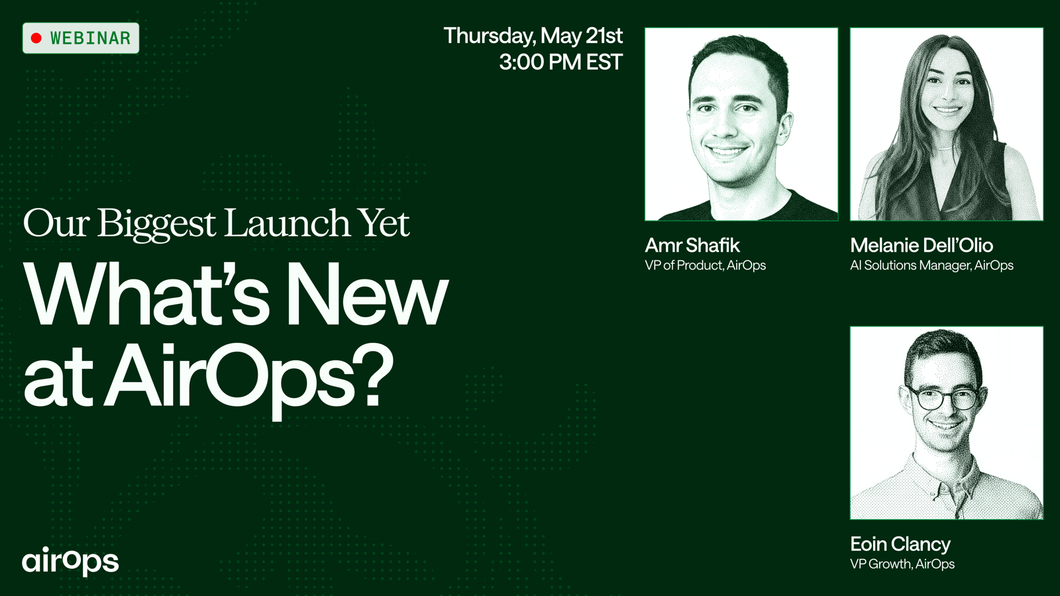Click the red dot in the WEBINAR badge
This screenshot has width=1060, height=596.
(x=36, y=38)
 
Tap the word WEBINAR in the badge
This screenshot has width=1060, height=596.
(x=90, y=38)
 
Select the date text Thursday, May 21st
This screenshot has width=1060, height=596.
(x=533, y=36)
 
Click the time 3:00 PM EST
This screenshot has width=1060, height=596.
(x=560, y=62)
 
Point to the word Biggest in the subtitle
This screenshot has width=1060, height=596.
(x=156, y=224)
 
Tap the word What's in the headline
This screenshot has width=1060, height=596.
(x=146, y=293)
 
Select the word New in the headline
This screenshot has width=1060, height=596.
(x=368, y=293)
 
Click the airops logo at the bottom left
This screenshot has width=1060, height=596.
(x=70, y=561)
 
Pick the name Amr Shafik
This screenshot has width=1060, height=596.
(x=692, y=245)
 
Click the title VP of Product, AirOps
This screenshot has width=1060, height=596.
(x=705, y=265)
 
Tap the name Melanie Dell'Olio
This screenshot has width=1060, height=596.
(x=922, y=245)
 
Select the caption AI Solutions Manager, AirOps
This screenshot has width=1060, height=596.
(x=931, y=265)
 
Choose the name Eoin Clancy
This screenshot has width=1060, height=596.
(x=900, y=544)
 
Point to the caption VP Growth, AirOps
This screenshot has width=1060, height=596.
(x=902, y=564)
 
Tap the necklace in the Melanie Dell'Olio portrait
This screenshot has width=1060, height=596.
(x=945, y=148)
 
